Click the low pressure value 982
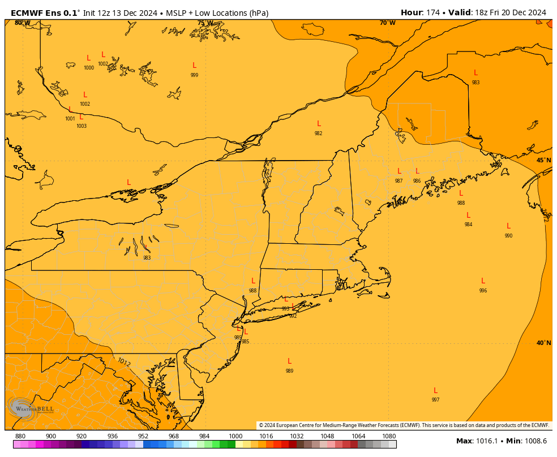[318, 133]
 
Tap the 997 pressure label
[435, 400]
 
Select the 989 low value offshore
[289, 371]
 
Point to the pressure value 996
[483, 291]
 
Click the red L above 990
[508, 226]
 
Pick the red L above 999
[194, 66]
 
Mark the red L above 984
[468, 215]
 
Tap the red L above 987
[399, 171]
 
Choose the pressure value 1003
[82, 126]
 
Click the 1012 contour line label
[123, 362]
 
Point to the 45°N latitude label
[543, 161]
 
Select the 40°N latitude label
[543, 343]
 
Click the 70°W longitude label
[387, 23]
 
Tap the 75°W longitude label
[205, 23]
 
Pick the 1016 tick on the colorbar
[266, 436]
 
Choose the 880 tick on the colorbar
[20, 436]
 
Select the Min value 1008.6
[535, 441]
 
